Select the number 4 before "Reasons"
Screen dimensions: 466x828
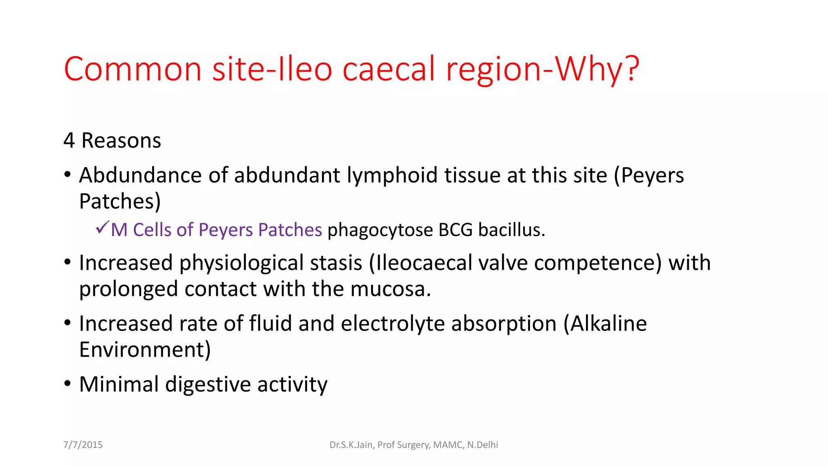coord(69,141)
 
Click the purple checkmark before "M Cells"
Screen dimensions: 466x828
coord(102,227)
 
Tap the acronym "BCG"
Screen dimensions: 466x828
coord(455,230)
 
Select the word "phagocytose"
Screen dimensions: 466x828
coord(380,230)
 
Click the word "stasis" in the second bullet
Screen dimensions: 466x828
coord(336,263)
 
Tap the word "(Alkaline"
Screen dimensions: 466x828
coord(605,324)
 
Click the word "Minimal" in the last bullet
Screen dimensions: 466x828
coord(119,384)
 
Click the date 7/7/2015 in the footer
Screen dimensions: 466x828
coord(83,445)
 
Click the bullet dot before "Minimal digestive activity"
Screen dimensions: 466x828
coord(68,383)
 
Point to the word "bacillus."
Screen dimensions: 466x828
coord(512,230)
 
